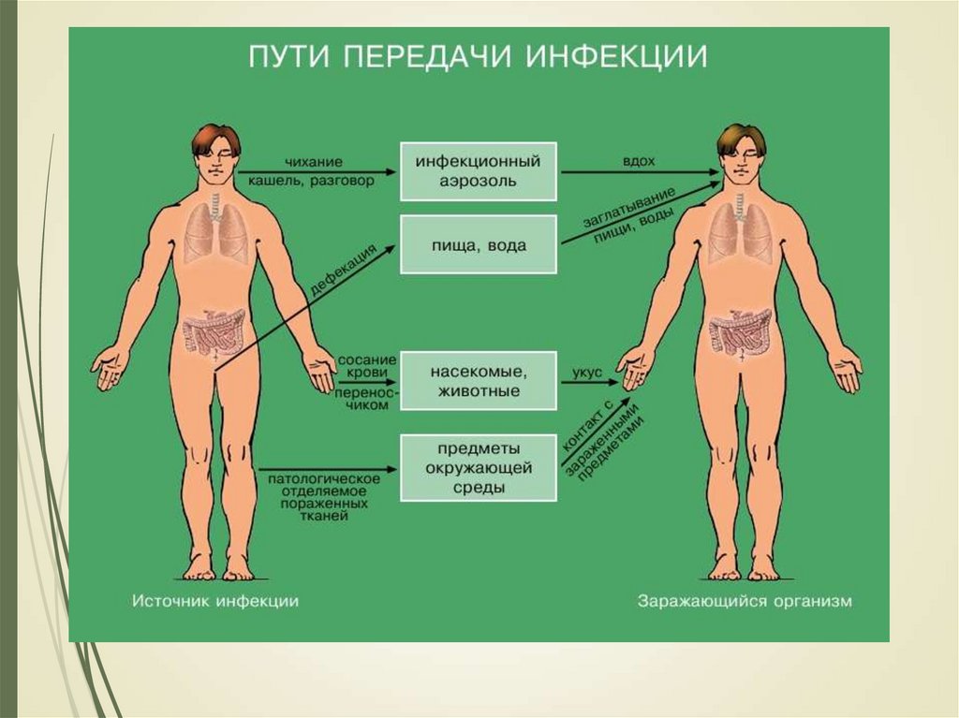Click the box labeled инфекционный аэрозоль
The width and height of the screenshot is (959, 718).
point(479,171)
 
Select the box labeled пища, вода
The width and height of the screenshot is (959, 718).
point(479,245)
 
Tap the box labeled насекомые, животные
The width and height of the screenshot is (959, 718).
point(479,381)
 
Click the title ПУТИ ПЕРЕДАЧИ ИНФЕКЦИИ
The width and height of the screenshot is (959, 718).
point(477,55)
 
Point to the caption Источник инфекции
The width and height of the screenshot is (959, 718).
point(215,601)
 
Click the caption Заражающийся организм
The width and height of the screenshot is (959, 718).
point(745,601)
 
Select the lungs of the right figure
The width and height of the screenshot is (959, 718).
point(740,231)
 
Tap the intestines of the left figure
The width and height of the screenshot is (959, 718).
point(214,331)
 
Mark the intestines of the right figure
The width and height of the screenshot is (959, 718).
point(740,331)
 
